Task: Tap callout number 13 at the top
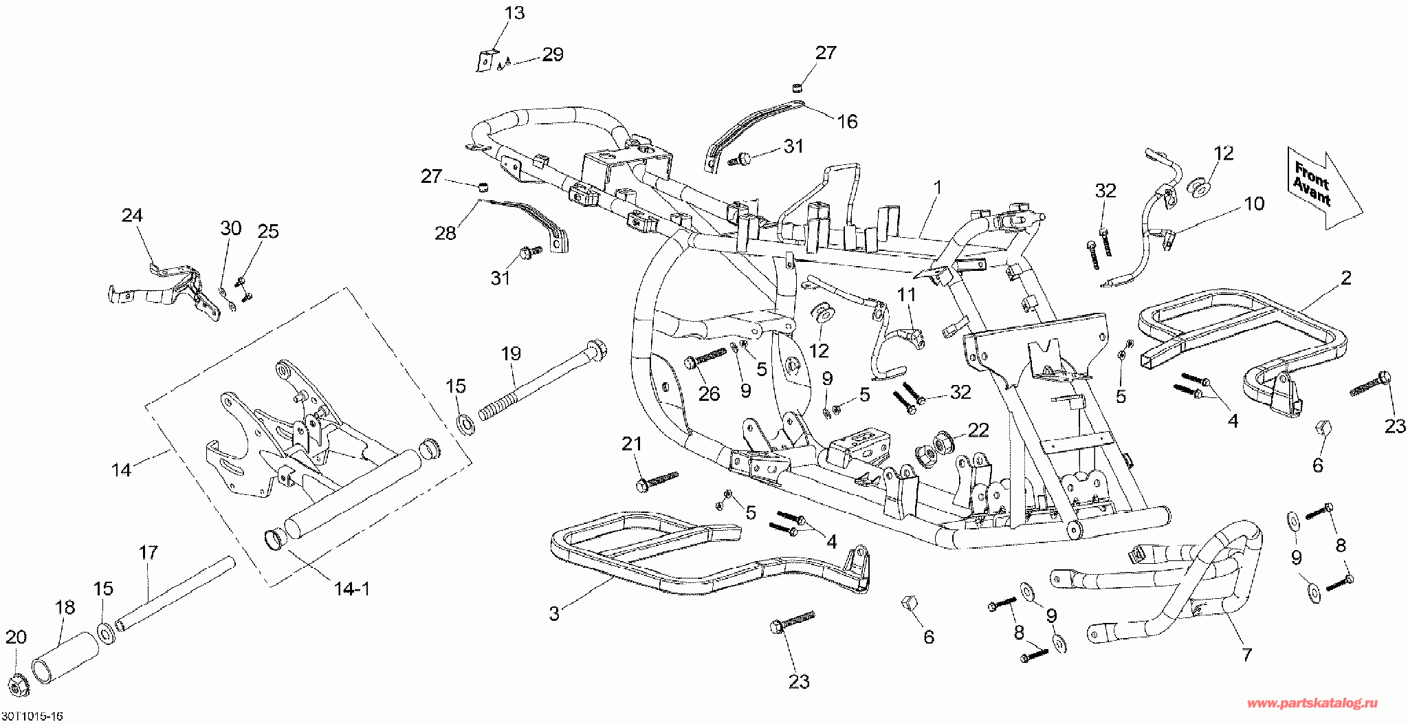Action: [x=514, y=13]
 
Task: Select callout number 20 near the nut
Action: [x=16, y=637]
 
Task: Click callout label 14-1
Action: [x=351, y=589]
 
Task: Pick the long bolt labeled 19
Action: [x=536, y=384]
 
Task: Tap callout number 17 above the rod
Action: [x=148, y=553]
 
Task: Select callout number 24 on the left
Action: [x=132, y=216]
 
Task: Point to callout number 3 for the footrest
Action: [x=555, y=614]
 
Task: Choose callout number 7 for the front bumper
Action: [x=1246, y=655]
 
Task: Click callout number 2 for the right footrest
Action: [x=1345, y=278]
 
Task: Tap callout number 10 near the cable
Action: [x=1254, y=204]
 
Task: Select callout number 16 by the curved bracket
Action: [x=847, y=122]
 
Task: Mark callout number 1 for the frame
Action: [x=937, y=188]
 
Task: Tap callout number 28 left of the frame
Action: [x=445, y=233]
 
